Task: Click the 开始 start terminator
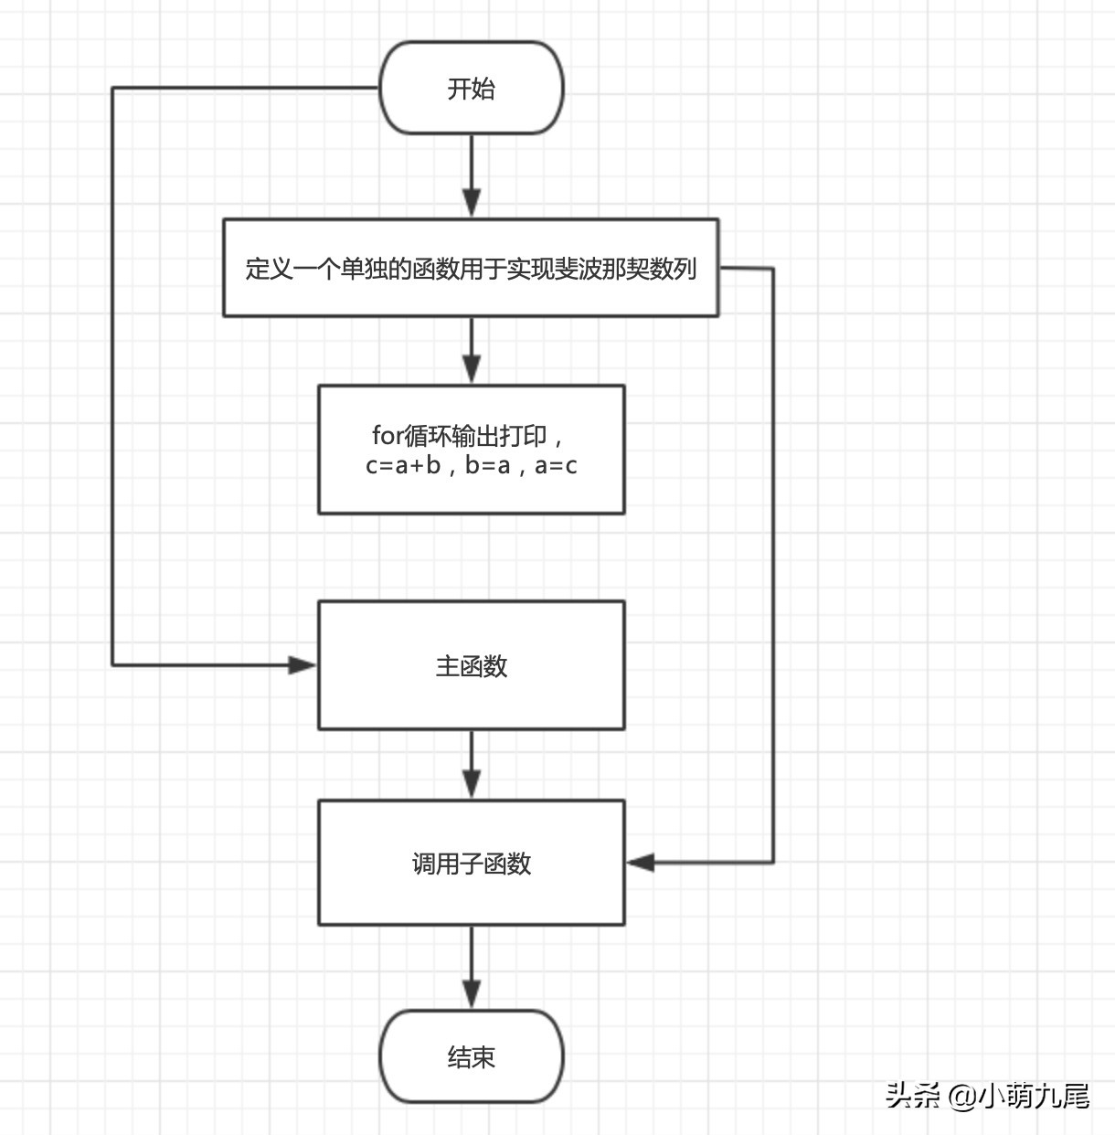(x=471, y=88)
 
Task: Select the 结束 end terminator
(x=471, y=1056)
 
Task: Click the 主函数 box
(x=471, y=665)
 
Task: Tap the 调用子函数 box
(x=471, y=863)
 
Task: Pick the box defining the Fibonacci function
(x=471, y=268)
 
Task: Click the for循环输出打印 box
(x=471, y=449)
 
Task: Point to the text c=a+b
(x=402, y=465)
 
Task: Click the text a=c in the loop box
(x=556, y=465)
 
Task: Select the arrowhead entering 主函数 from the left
(x=303, y=665)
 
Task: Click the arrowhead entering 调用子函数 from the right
(x=641, y=862)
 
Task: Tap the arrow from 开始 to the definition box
(x=472, y=174)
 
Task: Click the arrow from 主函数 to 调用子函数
(x=472, y=763)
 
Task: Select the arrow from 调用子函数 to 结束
(x=472, y=966)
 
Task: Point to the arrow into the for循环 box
(x=472, y=350)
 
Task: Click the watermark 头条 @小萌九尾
(x=987, y=1095)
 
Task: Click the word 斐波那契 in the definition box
(x=602, y=269)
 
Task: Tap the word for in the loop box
(x=387, y=435)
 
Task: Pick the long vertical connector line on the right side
(x=773, y=567)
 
